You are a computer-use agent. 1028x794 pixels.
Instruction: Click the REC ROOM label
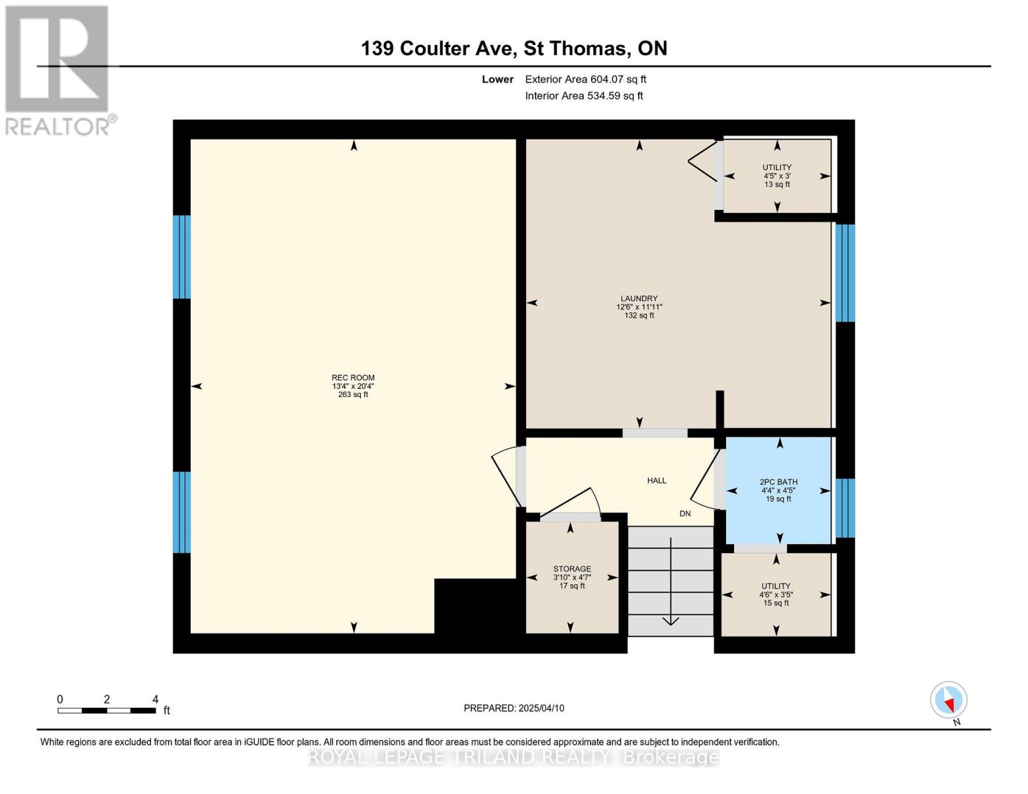[x=353, y=378]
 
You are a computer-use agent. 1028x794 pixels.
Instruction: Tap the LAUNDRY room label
[x=639, y=298]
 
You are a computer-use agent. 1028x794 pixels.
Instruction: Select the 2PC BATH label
[x=778, y=482]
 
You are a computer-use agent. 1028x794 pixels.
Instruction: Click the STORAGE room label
[x=572, y=569]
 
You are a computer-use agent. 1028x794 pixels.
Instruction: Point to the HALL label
[x=657, y=480]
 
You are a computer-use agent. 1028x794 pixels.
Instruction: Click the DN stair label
[x=685, y=513]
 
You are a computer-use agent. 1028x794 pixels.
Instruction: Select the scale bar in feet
[x=107, y=710]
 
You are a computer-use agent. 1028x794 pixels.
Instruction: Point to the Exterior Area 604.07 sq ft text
[x=585, y=79]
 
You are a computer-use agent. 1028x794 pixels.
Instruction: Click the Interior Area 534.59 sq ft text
[x=584, y=96]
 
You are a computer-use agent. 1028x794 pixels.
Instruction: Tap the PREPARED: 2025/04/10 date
[x=514, y=708]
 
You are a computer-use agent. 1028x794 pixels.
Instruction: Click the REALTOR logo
[x=58, y=69]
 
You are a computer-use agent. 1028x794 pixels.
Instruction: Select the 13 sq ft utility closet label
[x=777, y=185]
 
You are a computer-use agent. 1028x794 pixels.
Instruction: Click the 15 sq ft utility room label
[x=776, y=603]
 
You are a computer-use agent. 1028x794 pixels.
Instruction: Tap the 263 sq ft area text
[x=353, y=395]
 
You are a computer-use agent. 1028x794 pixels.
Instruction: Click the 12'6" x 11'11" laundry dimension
[x=639, y=307]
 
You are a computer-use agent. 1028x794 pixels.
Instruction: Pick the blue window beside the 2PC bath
[x=845, y=508]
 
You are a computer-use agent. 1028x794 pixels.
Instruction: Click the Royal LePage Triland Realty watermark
[x=514, y=757]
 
